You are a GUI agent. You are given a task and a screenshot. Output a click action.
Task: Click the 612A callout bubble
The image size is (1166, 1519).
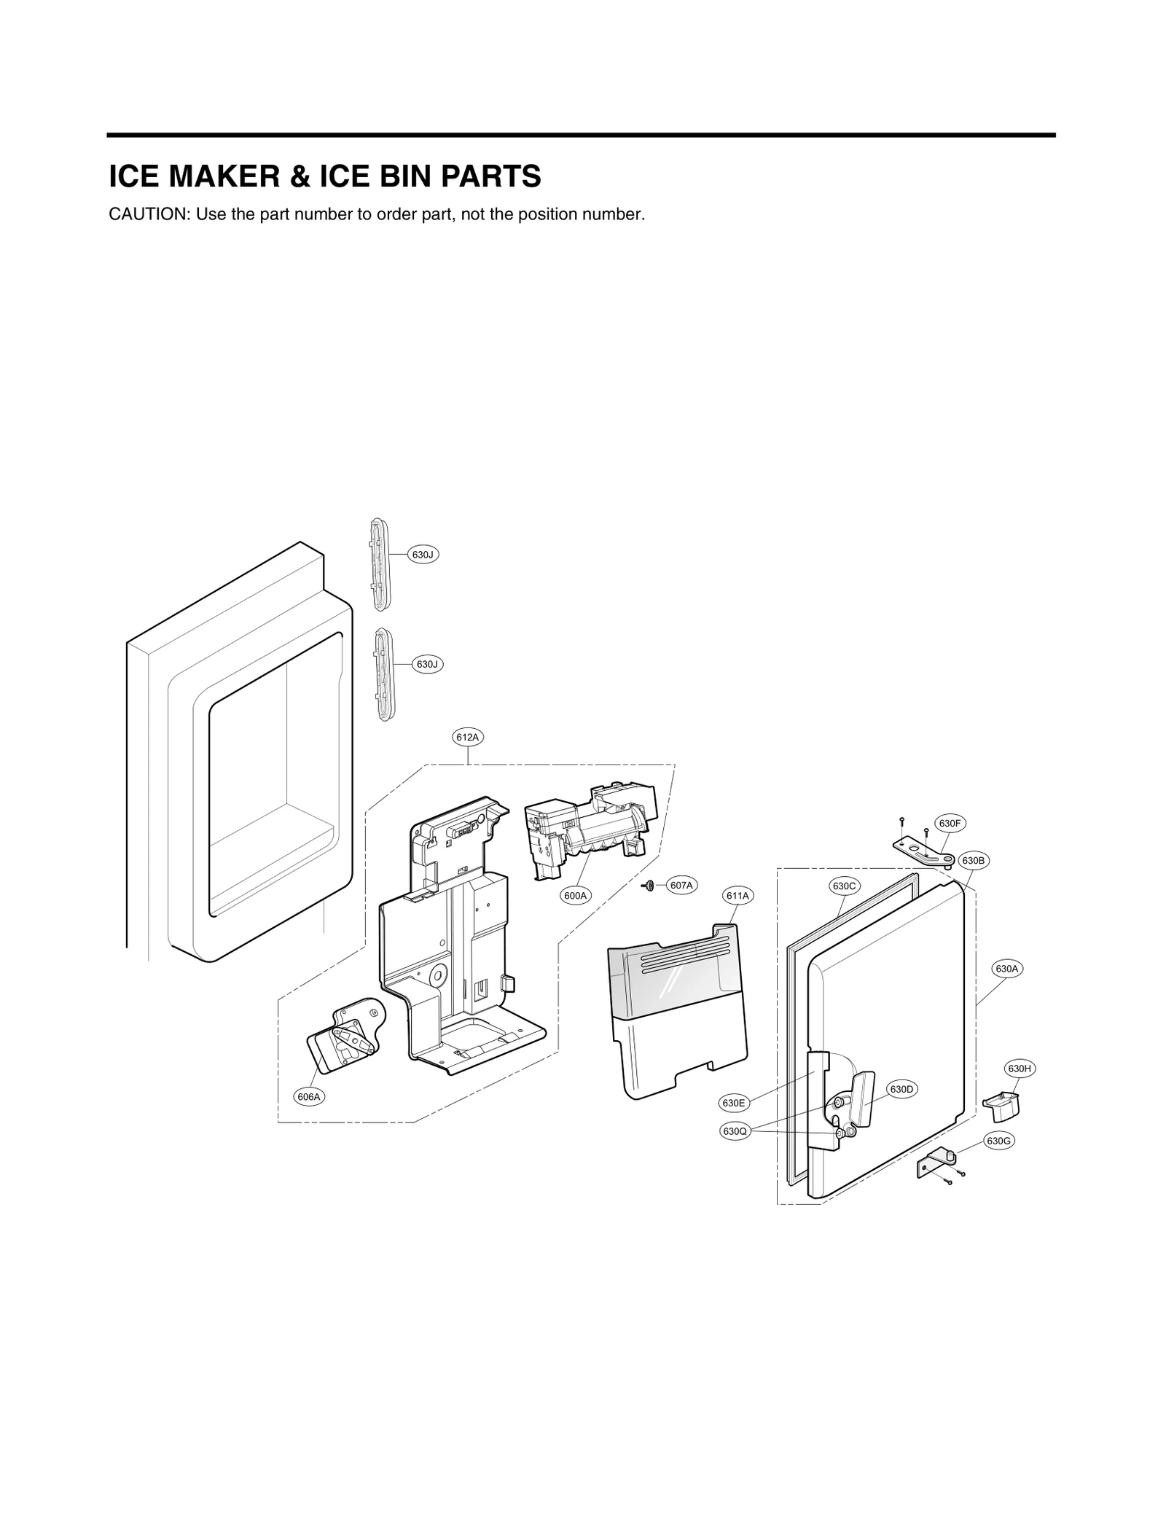click(x=467, y=737)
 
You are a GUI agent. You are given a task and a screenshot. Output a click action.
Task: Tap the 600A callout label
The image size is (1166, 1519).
click(x=575, y=895)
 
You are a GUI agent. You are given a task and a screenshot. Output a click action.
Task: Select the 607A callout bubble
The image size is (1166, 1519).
click(x=681, y=885)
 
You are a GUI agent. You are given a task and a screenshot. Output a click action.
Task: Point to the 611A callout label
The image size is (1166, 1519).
click(x=737, y=895)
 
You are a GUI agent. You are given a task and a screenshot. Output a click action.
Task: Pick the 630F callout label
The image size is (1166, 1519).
click(x=950, y=824)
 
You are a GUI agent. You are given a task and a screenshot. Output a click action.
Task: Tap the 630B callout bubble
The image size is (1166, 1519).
click(x=973, y=860)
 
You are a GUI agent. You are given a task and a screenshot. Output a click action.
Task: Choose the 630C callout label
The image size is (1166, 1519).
click(x=844, y=886)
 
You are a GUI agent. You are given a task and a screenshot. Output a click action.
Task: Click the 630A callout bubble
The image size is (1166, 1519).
click(x=1007, y=969)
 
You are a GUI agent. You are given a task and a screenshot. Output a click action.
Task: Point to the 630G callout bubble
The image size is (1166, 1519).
click(x=998, y=1141)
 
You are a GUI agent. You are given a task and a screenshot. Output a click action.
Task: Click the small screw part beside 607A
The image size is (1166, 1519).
click(x=647, y=885)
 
